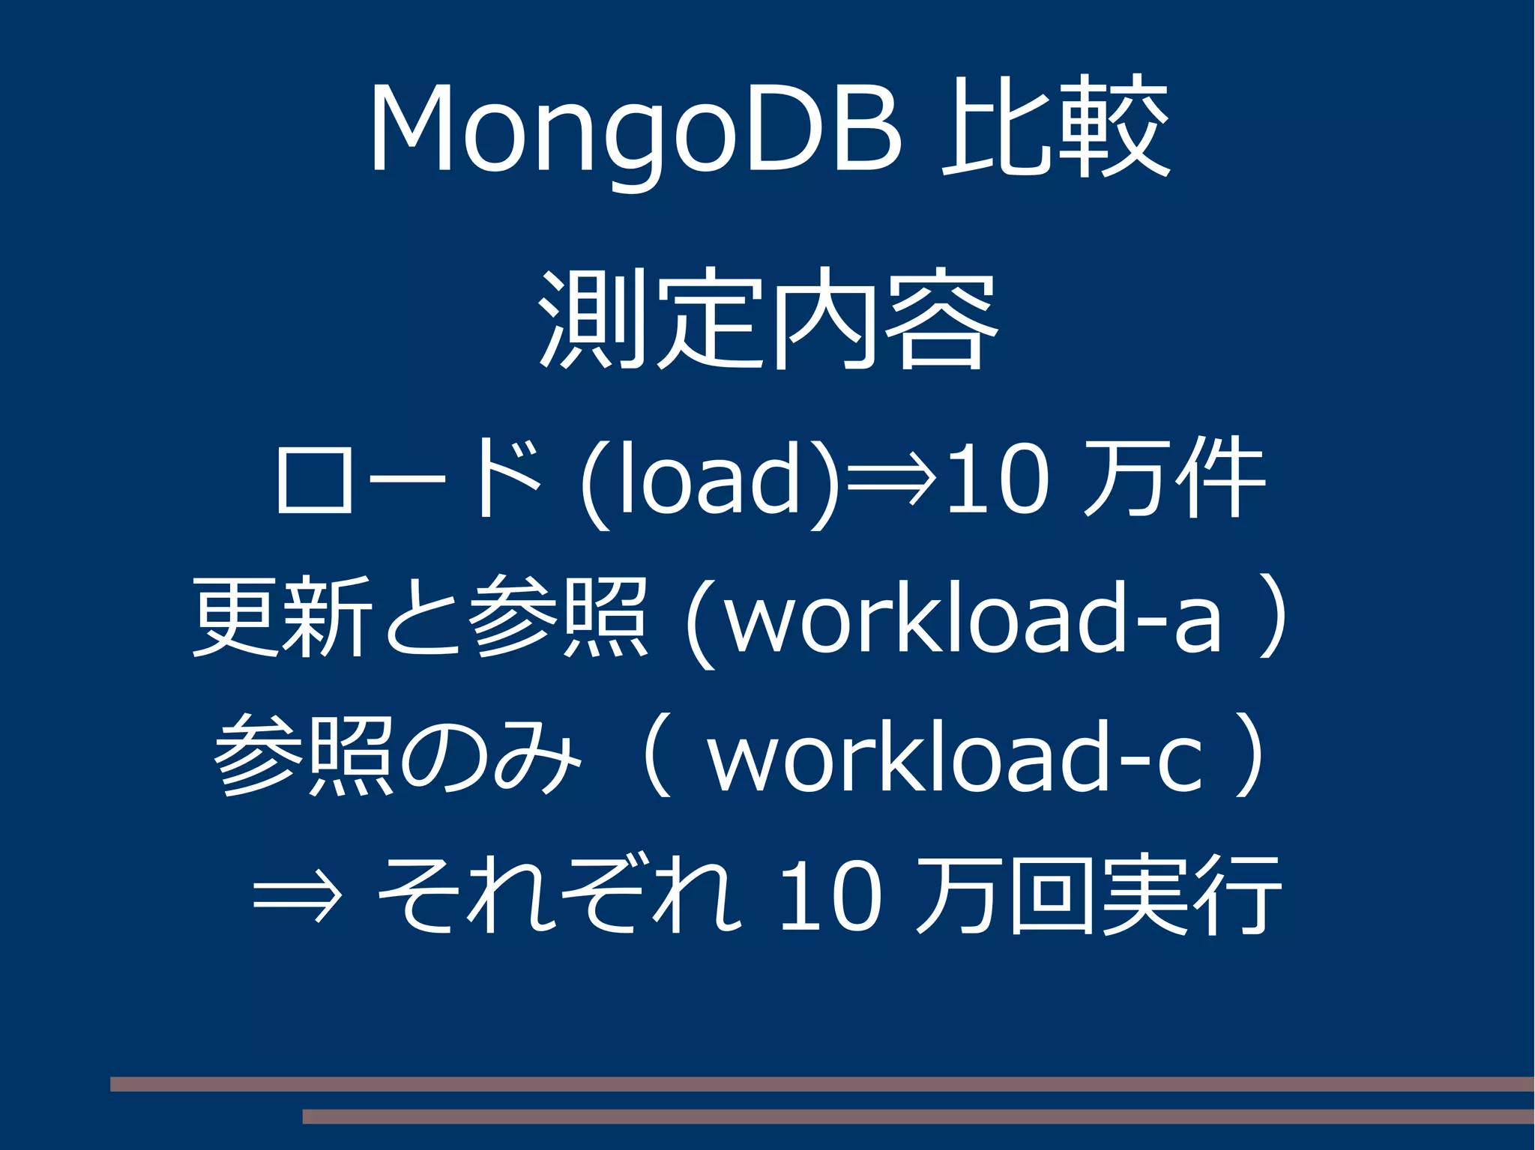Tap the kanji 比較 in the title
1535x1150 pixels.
coord(1055,127)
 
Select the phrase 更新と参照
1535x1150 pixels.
coord(420,618)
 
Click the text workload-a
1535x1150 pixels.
coord(974,618)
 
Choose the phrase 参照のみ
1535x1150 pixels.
coord(397,757)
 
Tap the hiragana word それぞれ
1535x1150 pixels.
coord(558,895)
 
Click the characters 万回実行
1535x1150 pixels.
coord(1098,895)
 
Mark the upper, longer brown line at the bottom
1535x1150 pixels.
coord(822,1084)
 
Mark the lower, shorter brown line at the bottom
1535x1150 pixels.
coord(918,1117)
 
